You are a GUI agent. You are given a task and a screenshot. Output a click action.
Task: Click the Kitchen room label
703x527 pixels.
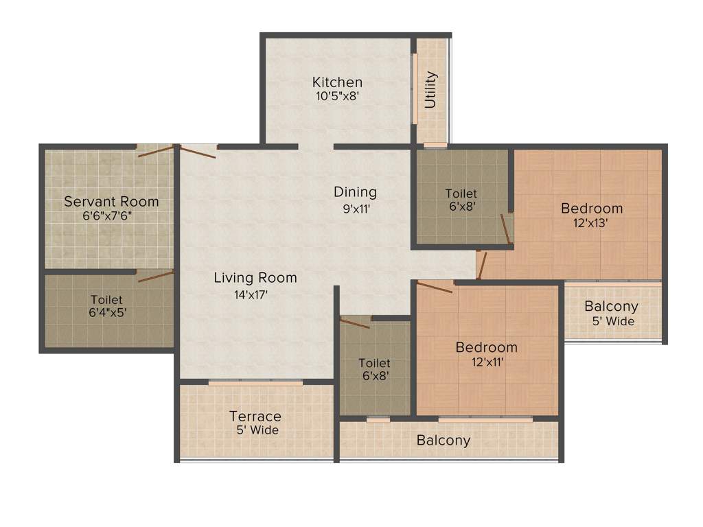coord(337,82)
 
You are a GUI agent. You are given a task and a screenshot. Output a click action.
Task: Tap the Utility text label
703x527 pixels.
coord(431,90)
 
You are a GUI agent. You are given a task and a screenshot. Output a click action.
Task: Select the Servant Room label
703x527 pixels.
coord(111,202)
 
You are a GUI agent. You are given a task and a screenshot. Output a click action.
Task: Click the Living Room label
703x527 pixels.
coord(255,278)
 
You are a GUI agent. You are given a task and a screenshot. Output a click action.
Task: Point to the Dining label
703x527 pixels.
coord(355,192)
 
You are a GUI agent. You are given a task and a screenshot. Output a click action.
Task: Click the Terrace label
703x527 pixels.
coord(255,417)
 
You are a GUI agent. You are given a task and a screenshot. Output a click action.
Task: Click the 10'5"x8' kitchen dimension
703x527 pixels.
coord(338,97)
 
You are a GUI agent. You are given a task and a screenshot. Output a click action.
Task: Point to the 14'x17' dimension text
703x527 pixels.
coord(251,295)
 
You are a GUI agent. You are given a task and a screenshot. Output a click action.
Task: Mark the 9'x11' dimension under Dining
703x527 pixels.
coord(357,209)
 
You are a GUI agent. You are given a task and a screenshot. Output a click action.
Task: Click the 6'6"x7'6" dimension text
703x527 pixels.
coord(111,215)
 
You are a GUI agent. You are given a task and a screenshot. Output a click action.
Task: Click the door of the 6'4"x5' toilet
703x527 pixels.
coord(155,277)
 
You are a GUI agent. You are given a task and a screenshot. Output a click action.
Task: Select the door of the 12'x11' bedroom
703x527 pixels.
coord(434,287)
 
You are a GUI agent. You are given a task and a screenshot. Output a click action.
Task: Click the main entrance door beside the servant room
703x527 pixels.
coord(198,152)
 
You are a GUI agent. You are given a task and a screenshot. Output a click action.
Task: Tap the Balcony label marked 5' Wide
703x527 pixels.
coord(611,307)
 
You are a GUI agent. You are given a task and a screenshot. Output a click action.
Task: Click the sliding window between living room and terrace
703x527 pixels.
coord(255,383)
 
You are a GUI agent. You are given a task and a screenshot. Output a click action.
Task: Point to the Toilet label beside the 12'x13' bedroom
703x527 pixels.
coord(461,194)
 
